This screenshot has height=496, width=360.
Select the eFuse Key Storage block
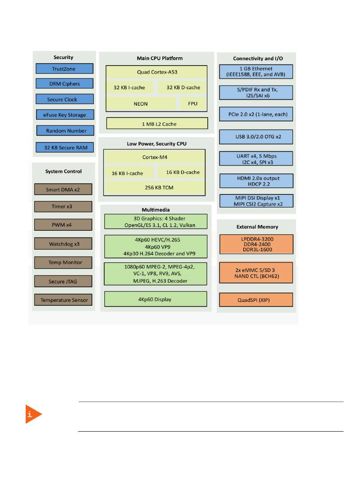(x=65, y=115)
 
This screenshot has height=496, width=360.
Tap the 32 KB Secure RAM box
(x=65, y=147)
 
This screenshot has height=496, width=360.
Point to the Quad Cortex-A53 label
(x=157, y=72)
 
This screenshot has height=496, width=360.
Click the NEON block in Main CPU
(x=141, y=103)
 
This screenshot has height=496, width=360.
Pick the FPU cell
(x=193, y=103)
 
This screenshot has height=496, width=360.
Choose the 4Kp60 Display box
(x=156, y=299)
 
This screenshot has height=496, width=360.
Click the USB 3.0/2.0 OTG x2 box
(x=256, y=137)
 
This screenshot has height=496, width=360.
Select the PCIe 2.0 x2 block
(x=256, y=114)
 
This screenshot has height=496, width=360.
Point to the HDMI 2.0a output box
(x=257, y=181)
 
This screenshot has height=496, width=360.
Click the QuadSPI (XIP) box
(x=256, y=300)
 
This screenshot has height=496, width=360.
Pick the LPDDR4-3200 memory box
(x=257, y=244)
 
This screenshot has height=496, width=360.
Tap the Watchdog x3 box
(x=63, y=244)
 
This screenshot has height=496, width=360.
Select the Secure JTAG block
(x=63, y=281)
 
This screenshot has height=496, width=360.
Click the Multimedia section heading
(x=156, y=210)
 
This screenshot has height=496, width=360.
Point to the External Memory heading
(x=257, y=227)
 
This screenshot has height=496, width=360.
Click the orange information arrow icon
(x=33, y=414)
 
